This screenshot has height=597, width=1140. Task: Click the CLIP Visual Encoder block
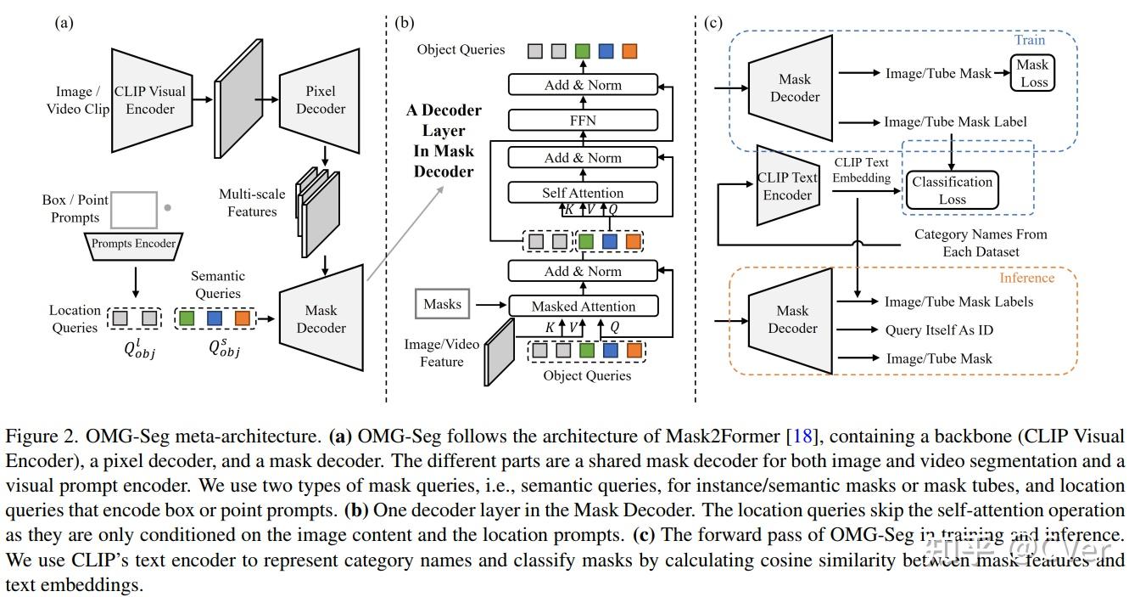(x=150, y=99)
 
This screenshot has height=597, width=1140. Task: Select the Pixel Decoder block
(x=320, y=99)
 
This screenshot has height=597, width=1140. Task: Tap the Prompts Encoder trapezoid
(x=133, y=244)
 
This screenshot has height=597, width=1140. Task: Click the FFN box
(x=582, y=120)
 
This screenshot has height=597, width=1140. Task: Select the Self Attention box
(x=582, y=193)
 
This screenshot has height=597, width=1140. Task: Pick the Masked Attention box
(x=582, y=306)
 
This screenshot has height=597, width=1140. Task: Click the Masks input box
(x=442, y=304)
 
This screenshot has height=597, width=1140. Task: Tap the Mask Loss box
(x=1032, y=73)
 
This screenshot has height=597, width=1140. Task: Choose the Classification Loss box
(x=952, y=190)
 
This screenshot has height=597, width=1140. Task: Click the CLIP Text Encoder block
(x=787, y=186)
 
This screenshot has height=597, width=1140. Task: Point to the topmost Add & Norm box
(x=582, y=85)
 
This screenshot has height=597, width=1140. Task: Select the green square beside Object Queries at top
(x=581, y=51)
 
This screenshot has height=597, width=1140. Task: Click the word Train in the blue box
(x=1029, y=40)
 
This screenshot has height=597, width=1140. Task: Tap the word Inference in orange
(x=1026, y=278)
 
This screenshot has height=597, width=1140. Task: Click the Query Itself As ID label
(x=938, y=330)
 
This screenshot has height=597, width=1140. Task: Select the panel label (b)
(x=404, y=23)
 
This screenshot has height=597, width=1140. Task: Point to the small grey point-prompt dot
(x=167, y=207)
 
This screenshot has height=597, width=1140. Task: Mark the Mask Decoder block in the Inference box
(x=792, y=319)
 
